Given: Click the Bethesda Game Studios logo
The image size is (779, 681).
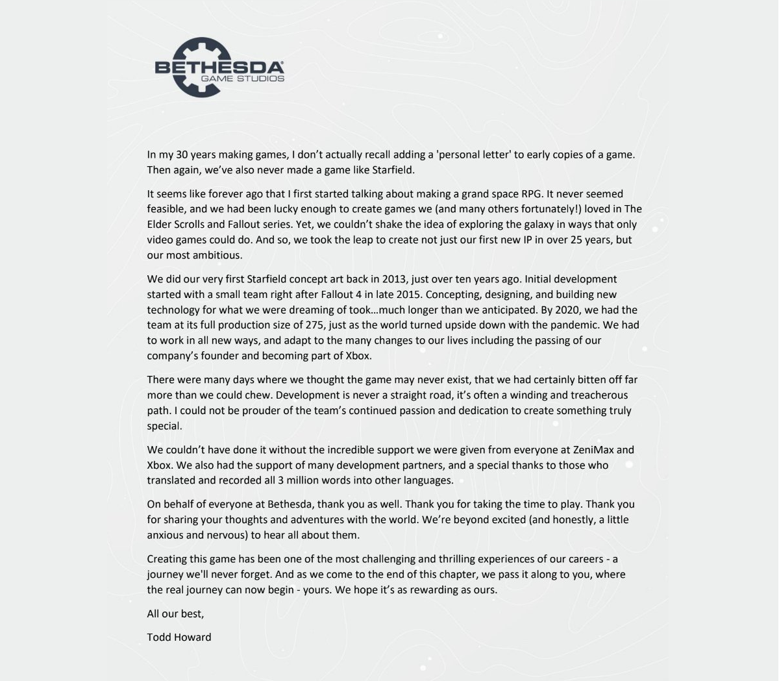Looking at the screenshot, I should coord(219,68).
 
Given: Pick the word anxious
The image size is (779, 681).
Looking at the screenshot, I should coord(166,535).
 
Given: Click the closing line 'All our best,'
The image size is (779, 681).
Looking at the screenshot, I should coord(175,613).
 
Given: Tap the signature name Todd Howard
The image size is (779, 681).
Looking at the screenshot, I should coord(179,637).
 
